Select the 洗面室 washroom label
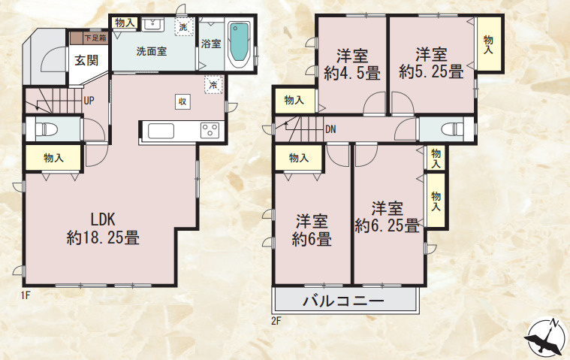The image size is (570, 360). [152, 52]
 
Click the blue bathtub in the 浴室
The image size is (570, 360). [239, 44]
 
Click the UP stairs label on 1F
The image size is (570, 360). [89, 101]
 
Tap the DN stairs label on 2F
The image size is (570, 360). [330, 129]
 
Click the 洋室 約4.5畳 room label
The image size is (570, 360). [351, 64]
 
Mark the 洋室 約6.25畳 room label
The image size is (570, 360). [387, 216]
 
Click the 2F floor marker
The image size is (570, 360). [276, 322]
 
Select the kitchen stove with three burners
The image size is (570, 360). [210, 131]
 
